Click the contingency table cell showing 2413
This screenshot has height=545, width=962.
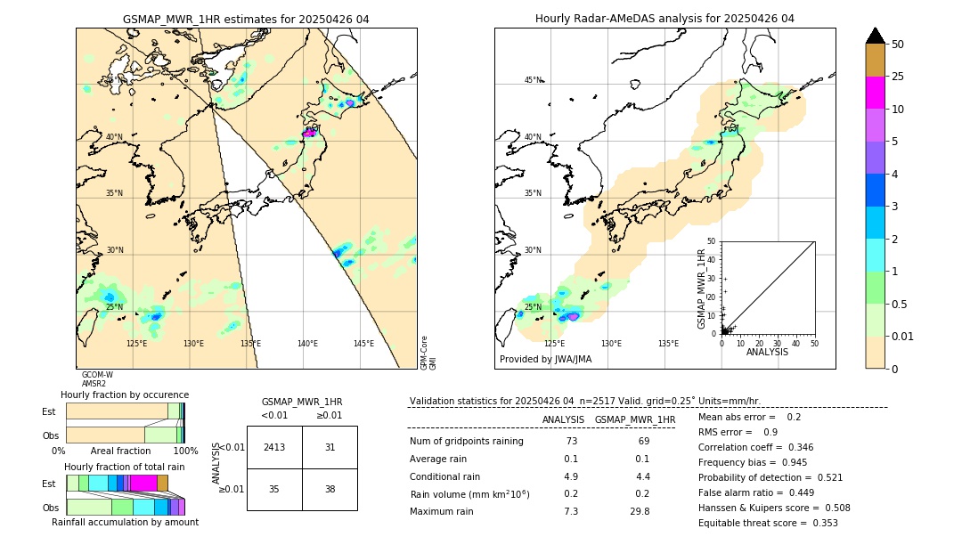[x=274, y=447]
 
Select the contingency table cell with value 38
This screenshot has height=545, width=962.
[x=330, y=489]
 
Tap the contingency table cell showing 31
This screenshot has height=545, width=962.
[x=330, y=447]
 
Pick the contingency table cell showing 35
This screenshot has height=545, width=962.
[x=274, y=489]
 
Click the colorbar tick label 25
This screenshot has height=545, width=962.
[x=898, y=77]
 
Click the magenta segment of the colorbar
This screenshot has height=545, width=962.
[x=876, y=93]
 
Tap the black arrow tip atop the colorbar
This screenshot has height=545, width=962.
[x=876, y=35]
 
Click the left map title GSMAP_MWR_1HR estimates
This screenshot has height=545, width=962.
[x=246, y=19]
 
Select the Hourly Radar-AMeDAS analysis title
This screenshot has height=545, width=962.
[x=664, y=19]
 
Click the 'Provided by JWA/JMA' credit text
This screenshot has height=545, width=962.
[x=545, y=359]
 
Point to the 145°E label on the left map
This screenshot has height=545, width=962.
[x=363, y=344]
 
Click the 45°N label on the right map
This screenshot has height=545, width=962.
[x=533, y=80]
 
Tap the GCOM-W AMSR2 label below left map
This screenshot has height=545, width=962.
[x=96, y=379]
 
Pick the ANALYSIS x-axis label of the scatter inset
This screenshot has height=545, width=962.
[x=767, y=352]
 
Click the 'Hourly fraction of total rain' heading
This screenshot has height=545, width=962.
[x=125, y=467]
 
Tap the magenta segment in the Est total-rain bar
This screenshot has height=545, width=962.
[x=143, y=483]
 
